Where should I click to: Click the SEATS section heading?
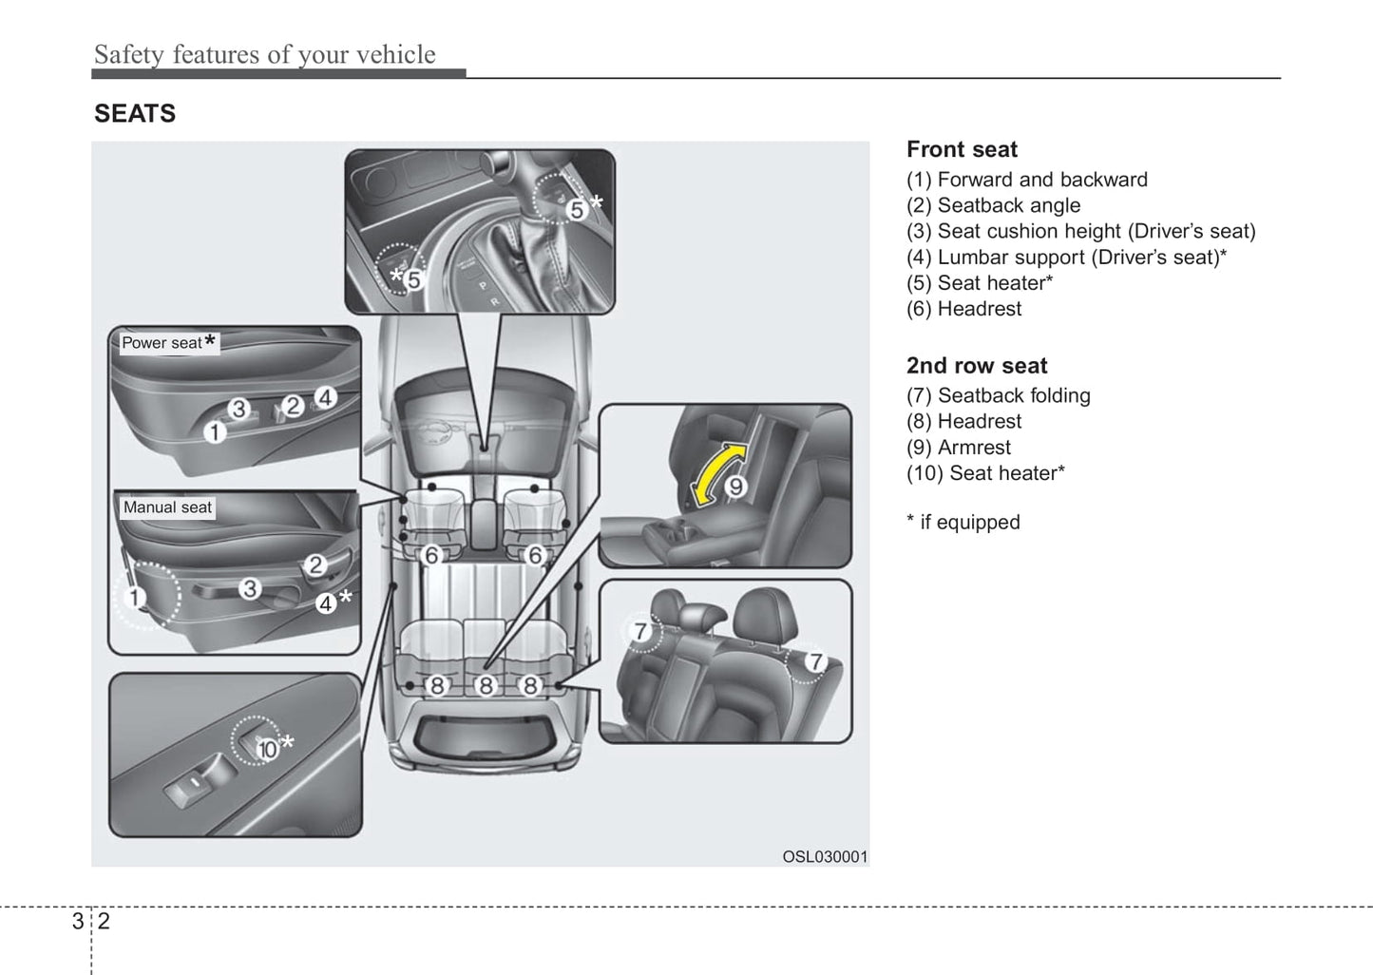[x=135, y=114]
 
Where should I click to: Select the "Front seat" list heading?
[x=962, y=149]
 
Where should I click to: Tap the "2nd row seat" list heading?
[x=977, y=366]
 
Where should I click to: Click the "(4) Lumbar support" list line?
[x=1066, y=258]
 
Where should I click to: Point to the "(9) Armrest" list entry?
[x=959, y=448]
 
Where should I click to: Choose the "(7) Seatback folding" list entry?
[x=998, y=395]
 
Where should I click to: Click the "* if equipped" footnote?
[x=963, y=523]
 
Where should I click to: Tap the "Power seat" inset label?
[x=163, y=343]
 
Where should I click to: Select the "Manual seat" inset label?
[x=167, y=507]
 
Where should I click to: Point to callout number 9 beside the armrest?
[x=735, y=487]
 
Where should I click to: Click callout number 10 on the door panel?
[x=267, y=749]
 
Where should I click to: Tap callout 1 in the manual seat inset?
[x=134, y=598]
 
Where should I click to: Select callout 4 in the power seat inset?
[x=325, y=397]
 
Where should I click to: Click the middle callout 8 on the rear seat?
[x=486, y=685]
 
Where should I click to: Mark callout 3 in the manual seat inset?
[x=250, y=589]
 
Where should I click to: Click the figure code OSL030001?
[x=825, y=856]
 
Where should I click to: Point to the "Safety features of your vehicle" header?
[x=264, y=55]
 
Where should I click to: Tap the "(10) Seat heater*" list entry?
[x=985, y=473]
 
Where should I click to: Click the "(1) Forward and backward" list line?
[x=1026, y=180]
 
